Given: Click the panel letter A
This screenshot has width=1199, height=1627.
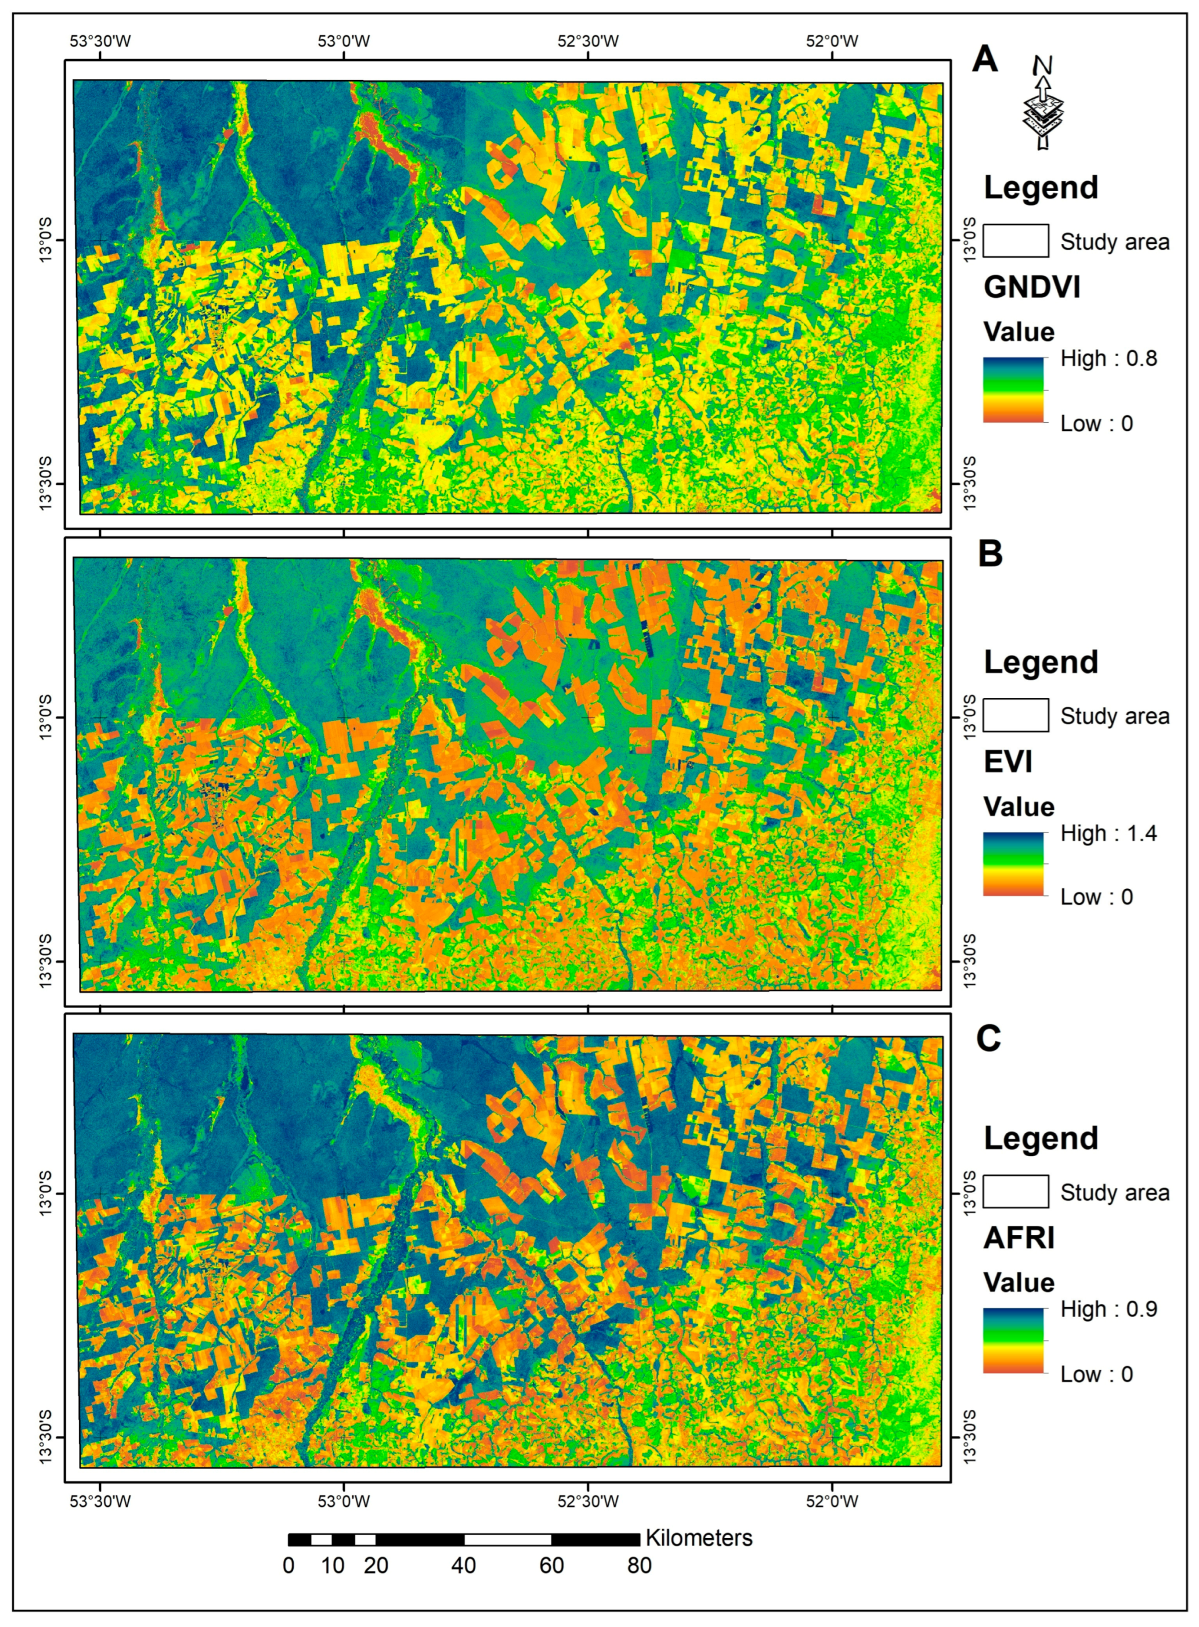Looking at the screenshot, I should point(984,59).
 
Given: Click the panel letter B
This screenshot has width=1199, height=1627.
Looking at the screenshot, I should point(990,553).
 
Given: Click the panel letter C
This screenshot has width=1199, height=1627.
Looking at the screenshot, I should point(988,1038).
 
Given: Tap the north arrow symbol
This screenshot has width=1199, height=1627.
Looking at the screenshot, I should point(1042,105).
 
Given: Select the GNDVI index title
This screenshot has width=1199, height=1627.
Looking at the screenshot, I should point(1031,287).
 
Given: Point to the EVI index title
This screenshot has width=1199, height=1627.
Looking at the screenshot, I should point(1008,762).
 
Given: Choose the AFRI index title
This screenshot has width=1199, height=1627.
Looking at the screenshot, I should point(1019,1238).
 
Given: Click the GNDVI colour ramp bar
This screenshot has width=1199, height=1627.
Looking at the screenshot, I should point(1013,390).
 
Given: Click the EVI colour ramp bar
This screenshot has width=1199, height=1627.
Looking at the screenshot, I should point(1013,864).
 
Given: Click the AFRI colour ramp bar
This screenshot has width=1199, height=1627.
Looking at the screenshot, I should point(1013,1340).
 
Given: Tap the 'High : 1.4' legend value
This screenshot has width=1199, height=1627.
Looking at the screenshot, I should point(1108,833).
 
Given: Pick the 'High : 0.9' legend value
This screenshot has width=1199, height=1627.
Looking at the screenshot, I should point(1108,1309).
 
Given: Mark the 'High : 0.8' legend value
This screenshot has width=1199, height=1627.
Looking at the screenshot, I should point(1108,359).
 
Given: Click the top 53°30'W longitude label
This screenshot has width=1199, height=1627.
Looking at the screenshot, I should point(100,41).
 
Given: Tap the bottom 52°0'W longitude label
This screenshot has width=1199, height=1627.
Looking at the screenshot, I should point(832,1500).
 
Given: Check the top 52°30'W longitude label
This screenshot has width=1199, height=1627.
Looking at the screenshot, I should point(588,41).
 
